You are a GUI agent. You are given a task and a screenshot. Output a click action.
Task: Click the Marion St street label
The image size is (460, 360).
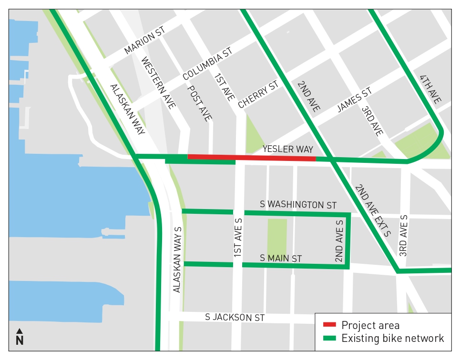(144, 40)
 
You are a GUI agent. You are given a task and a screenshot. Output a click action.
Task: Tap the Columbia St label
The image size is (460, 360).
(207, 63)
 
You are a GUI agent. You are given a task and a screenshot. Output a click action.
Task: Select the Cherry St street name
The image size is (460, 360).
(257, 95)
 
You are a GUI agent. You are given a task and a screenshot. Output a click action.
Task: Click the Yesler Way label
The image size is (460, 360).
(287, 150)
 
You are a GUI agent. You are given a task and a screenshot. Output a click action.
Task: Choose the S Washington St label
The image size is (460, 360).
(298, 205)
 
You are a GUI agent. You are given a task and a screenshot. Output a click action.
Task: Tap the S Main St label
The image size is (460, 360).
(281, 259)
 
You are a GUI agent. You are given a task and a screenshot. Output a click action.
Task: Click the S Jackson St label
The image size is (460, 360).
(235, 317)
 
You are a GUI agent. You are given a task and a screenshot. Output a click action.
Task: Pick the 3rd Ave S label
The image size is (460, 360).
(404, 236)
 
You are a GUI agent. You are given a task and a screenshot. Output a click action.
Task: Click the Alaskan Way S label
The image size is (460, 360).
(176, 259)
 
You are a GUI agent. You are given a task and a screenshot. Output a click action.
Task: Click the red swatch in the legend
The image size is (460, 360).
(329, 325)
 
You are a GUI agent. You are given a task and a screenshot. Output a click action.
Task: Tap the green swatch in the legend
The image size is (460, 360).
(329, 339)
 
